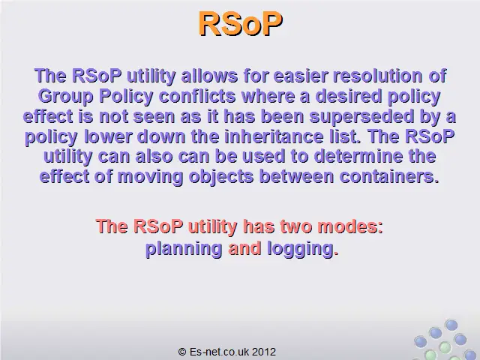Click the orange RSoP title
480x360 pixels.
click(x=241, y=24)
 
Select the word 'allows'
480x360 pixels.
click(x=209, y=76)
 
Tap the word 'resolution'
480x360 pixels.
click(x=377, y=76)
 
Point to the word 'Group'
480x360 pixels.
click(x=65, y=97)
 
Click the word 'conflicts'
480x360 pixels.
click(x=197, y=96)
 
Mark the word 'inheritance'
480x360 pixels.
click(x=274, y=136)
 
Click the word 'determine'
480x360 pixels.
click(x=358, y=156)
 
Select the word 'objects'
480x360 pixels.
click(x=221, y=177)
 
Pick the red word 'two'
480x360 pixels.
click(x=295, y=226)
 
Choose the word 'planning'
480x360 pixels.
click(x=184, y=248)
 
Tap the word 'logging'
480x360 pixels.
click(x=300, y=248)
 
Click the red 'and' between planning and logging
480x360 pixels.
click(x=245, y=248)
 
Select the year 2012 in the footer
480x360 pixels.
click(x=264, y=352)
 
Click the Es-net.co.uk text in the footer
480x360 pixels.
click(x=219, y=352)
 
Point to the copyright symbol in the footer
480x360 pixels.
click(x=182, y=352)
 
